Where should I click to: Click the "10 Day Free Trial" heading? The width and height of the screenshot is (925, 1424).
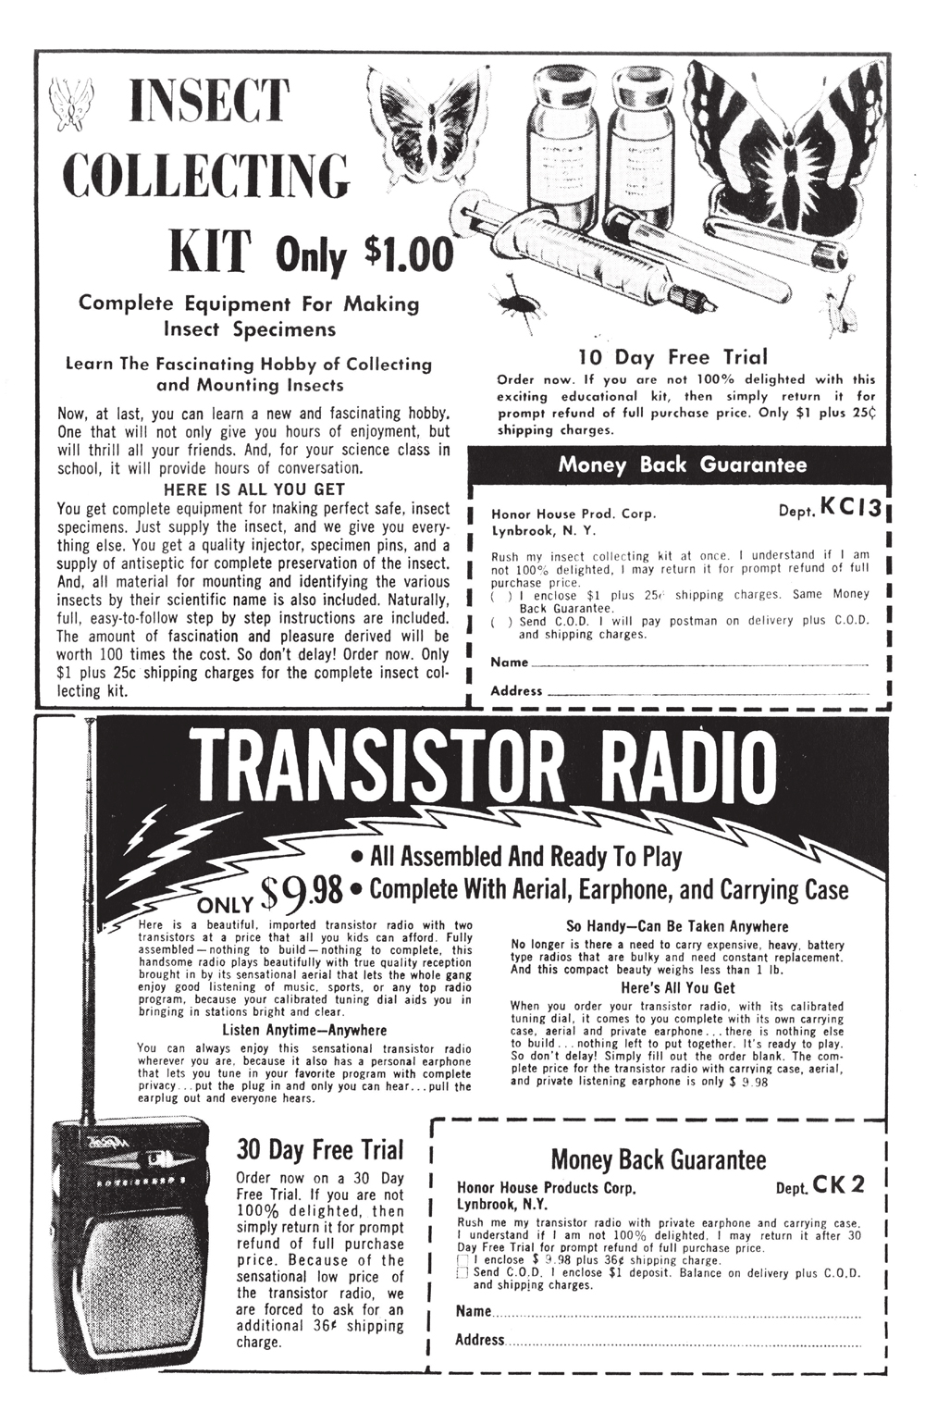pyautogui.click(x=672, y=357)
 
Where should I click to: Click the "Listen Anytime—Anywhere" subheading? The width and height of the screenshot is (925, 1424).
pyautogui.click(x=304, y=1030)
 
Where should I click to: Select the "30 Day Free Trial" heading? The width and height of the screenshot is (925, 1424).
pyautogui.click(x=320, y=1150)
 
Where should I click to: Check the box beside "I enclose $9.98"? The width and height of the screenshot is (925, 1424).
pyautogui.click(x=463, y=1261)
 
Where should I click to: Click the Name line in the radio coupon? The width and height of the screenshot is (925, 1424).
pyautogui.click(x=675, y=1313)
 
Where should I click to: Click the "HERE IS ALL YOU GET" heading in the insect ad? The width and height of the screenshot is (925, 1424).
pyautogui.click(x=253, y=489)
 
